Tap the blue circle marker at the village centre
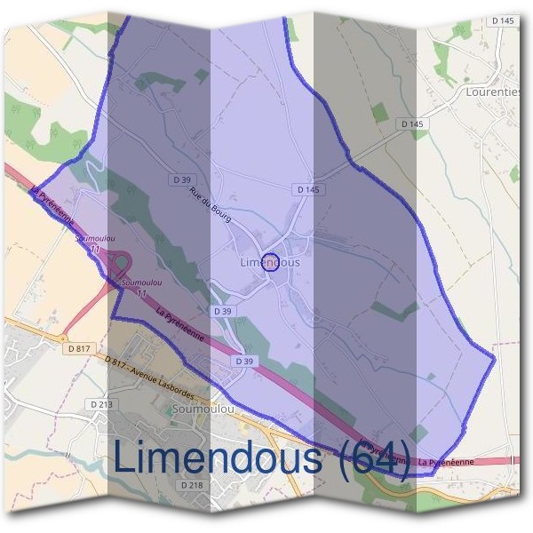click(x=273, y=262)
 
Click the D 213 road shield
click(x=102, y=404)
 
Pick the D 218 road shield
click(x=192, y=485)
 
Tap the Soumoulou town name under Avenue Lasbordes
click(x=202, y=410)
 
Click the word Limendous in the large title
click(x=219, y=458)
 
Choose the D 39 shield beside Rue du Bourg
click(x=182, y=179)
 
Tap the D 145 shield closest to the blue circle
click(x=306, y=189)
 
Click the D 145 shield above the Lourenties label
click(x=502, y=20)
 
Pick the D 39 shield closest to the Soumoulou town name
click(x=243, y=362)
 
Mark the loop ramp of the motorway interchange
click(x=121, y=263)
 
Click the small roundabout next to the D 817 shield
click(x=64, y=338)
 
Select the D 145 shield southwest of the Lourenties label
click(x=411, y=124)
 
